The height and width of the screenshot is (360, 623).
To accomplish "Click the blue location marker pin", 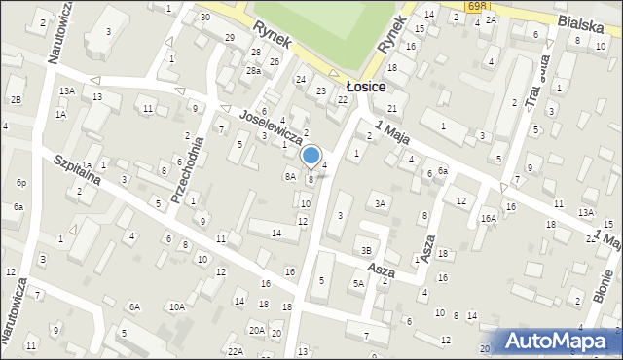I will (x=311, y=156).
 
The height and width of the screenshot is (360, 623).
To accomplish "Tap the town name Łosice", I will (x=365, y=87).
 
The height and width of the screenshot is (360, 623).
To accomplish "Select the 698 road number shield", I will (x=476, y=6).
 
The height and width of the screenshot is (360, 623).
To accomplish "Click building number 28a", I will (x=253, y=71).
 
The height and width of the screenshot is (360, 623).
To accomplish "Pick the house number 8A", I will (x=289, y=176).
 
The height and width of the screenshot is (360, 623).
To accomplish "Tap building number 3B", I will (x=366, y=250).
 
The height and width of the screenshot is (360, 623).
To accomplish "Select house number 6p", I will (x=21, y=183).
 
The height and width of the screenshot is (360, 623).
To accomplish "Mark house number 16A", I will (x=488, y=219).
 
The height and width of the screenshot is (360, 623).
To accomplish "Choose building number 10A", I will (x=176, y=306).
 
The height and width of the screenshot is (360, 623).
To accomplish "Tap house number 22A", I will (x=235, y=350).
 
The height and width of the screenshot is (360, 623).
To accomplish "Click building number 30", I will (x=204, y=18).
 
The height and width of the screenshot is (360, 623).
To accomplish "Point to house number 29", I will (x=230, y=38).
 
